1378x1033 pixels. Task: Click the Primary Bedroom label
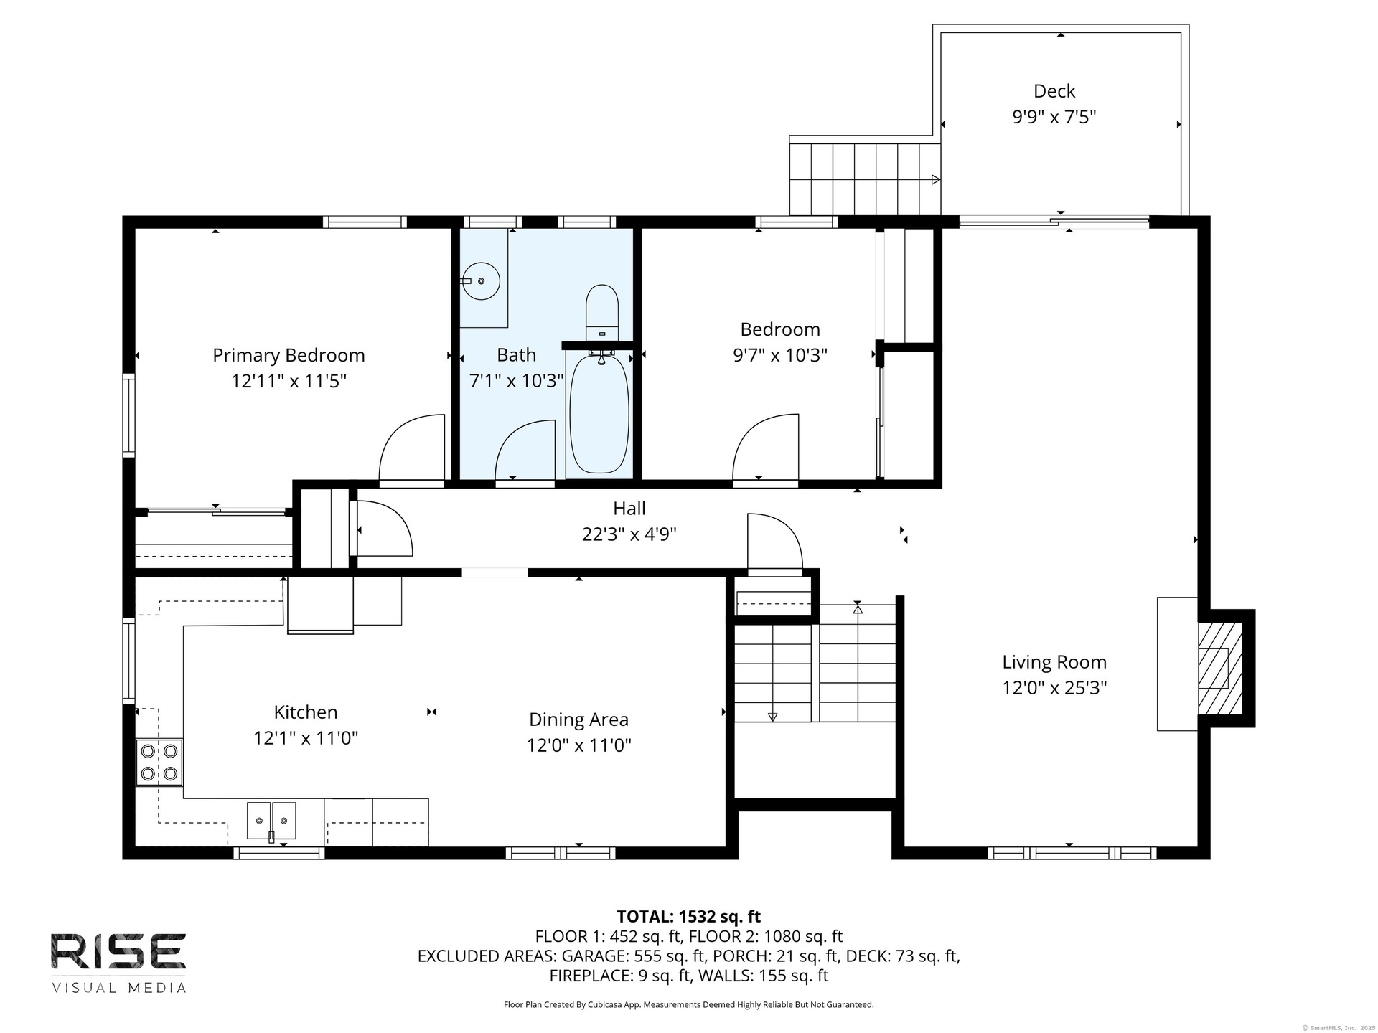pos(289,355)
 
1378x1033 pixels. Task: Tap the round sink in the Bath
pos(480,281)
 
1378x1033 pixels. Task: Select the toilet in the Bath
pos(602,313)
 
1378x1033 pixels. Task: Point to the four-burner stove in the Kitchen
pos(159,763)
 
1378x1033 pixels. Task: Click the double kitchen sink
pos(271,821)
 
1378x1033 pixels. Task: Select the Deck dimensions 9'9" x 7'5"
pos(1054,117)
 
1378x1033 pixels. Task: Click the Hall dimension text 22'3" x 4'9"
pos(629,534)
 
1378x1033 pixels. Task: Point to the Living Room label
pos(1054,662)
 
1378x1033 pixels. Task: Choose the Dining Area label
pos(578,720)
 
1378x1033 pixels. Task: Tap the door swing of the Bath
pos(525,450)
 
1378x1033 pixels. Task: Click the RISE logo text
pos(118,951)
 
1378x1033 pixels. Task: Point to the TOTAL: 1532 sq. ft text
pos(689,916)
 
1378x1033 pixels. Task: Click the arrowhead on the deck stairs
pos(936,179)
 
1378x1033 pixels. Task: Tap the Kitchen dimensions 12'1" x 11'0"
pos(306,738)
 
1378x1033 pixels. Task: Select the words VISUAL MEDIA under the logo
pos(118,988)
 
